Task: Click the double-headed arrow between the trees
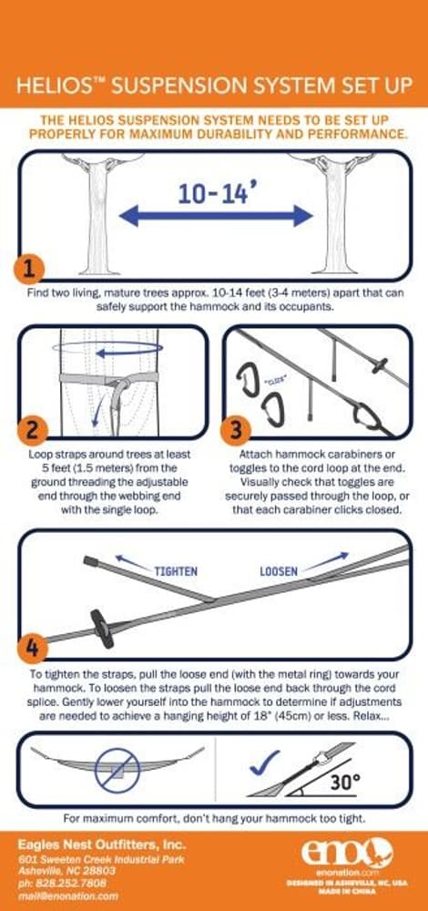tap(215, 216)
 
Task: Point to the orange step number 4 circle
tap(32, 649)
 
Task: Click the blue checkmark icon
tap(263, 762)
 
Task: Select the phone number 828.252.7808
tap(62, 883)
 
